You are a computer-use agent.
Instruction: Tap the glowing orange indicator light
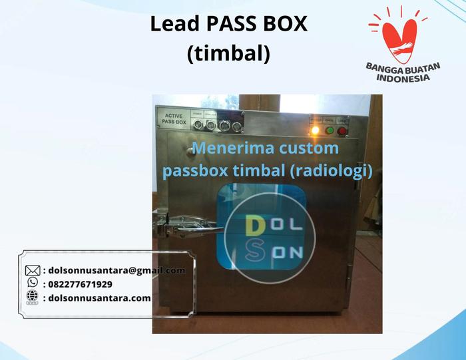pyautogui.click(x=315, y=130)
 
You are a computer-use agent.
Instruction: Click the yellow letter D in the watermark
pyautogui.click(x=254, y=226)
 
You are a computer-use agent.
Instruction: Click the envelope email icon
pyautogui.click(x=33, y=270)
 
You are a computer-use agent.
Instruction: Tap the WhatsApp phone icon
pyautogui.click(x=32, y=283)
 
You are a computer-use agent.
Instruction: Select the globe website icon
pyautogui.click(x=32, y=297)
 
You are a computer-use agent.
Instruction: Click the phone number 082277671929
pyautogui.click(x=81, y=283)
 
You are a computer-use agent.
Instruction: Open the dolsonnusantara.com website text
pyautogui.click(x=101, y=297)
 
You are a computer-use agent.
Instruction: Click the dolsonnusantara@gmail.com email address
pyautogui.click(x=117, y=270)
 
